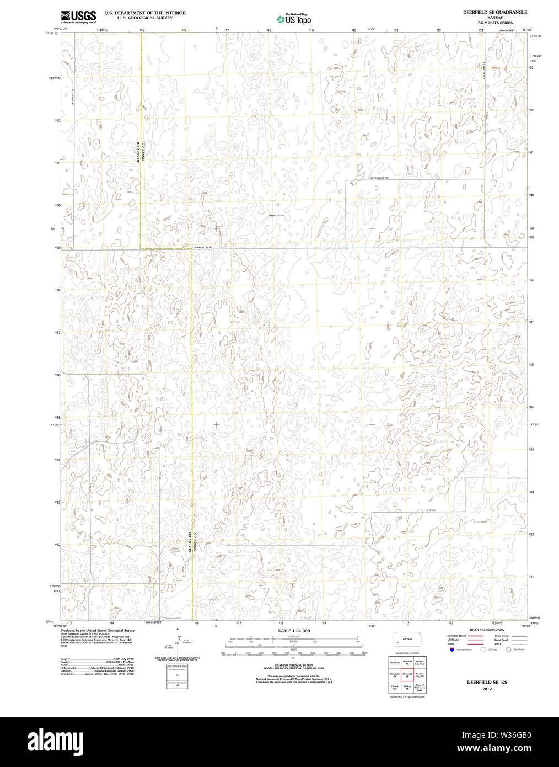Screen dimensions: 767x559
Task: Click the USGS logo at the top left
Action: (x=78, y=16)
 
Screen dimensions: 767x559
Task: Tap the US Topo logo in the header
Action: (x=294, y=19)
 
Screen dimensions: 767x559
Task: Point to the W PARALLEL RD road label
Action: (x=203, y=247)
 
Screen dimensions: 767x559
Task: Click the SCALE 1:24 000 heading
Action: (x=293, y=631)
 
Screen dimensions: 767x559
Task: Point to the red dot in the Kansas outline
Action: (x=397, y=642)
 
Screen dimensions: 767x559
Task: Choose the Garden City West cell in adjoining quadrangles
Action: (x=420, y=662)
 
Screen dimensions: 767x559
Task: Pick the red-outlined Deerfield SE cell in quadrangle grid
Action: (x=407, y=675)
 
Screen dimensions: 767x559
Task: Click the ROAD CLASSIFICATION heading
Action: (x=486, y=630)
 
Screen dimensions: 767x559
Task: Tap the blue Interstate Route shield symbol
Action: (x=452, y=649)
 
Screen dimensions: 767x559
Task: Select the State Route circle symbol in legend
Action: (x=508, y=649)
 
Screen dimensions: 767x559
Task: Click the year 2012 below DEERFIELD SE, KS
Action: (x=486, y=689)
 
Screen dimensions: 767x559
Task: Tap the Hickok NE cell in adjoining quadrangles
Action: (x=407, y=688)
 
